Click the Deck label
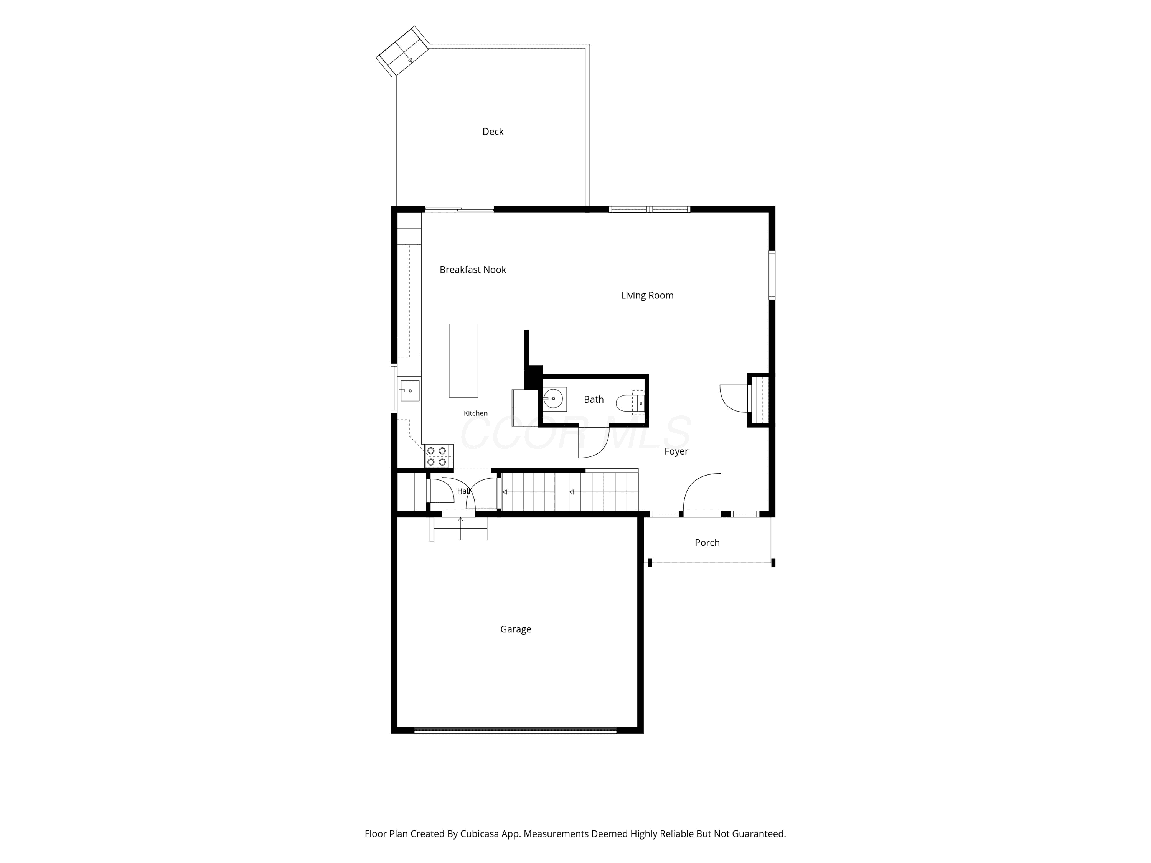pos(493,132)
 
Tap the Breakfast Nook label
pos(472,270)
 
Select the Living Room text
pos(647,295)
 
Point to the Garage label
pos(516,629)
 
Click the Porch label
pos(707,543)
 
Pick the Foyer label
pos(676,451)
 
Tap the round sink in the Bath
pos(553,399)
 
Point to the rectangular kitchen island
pos(463,361)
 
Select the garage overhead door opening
pos(515,730)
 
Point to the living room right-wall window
pos(772,275)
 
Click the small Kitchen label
pos(476,413)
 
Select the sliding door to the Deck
pos(460,210)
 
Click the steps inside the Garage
pos(459,529)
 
